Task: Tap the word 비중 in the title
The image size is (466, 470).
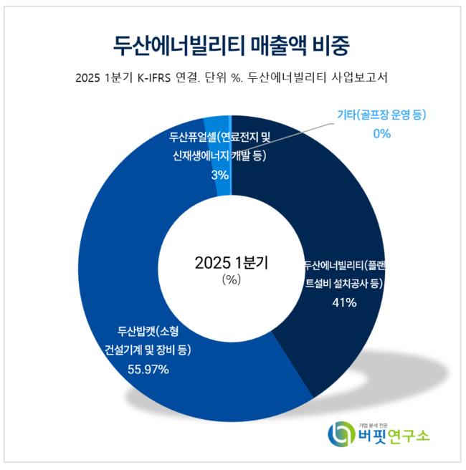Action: click(x=332, y=44)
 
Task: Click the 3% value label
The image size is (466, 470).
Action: click(x=220, y=174)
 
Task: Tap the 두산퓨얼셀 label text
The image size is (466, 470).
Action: click(x=189, y=136)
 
